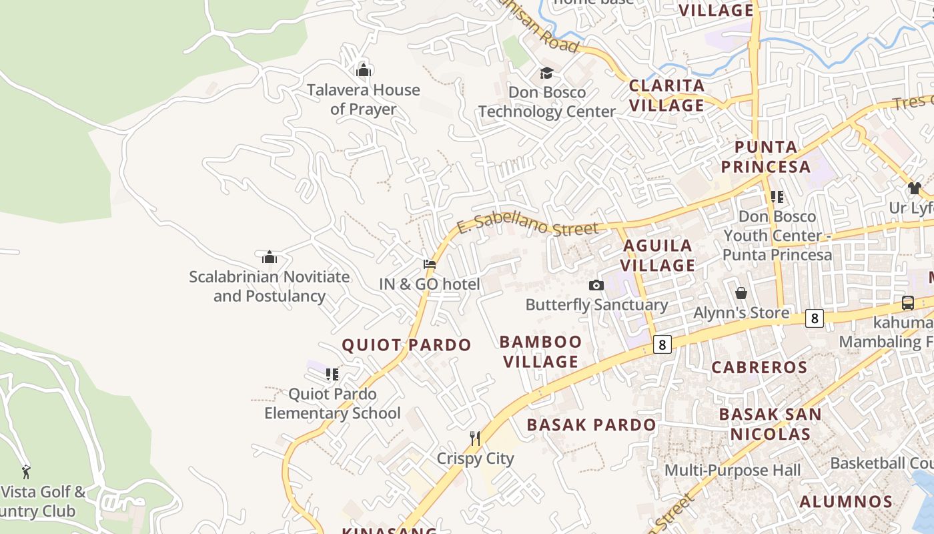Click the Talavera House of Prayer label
(364, 99)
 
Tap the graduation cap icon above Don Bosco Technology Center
(546, 73)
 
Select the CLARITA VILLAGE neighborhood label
(667, 95)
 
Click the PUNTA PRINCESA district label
(766, 157)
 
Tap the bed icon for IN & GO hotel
(430, 264)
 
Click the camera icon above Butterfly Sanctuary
(596, 286)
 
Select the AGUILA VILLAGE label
(659, 256)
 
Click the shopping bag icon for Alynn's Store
(741, 293)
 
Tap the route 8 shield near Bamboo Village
(662, 344)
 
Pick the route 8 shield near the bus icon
(814, 318)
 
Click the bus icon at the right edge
(908, 302)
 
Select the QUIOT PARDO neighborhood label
(406, 345)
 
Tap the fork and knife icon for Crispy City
(475, 439)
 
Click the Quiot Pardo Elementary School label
(332, 404)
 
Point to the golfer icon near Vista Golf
(26, 472)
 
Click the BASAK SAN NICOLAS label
(771, 424)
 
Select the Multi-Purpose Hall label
(733, 471)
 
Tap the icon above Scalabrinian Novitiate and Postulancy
(270, 257)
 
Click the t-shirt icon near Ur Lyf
(914, 188)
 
